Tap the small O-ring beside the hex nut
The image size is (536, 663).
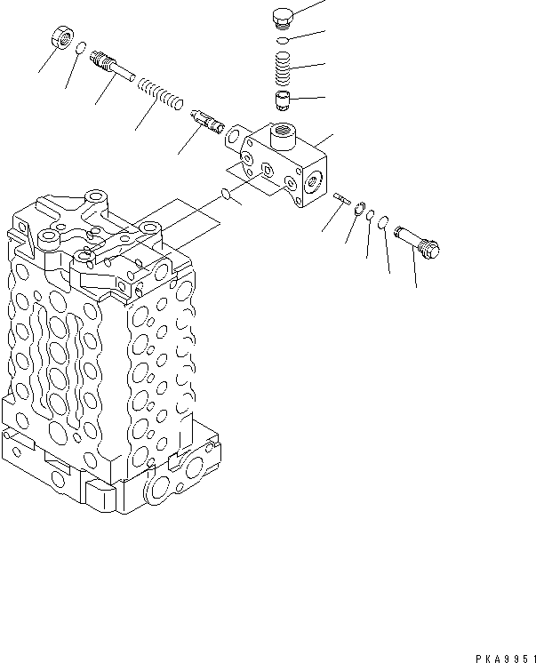[80, 49]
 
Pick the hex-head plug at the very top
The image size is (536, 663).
[281, 18]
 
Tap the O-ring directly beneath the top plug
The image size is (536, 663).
[282, 40]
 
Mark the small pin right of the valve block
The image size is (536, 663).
[343, 201]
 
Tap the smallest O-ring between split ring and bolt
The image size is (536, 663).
[369, 216]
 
